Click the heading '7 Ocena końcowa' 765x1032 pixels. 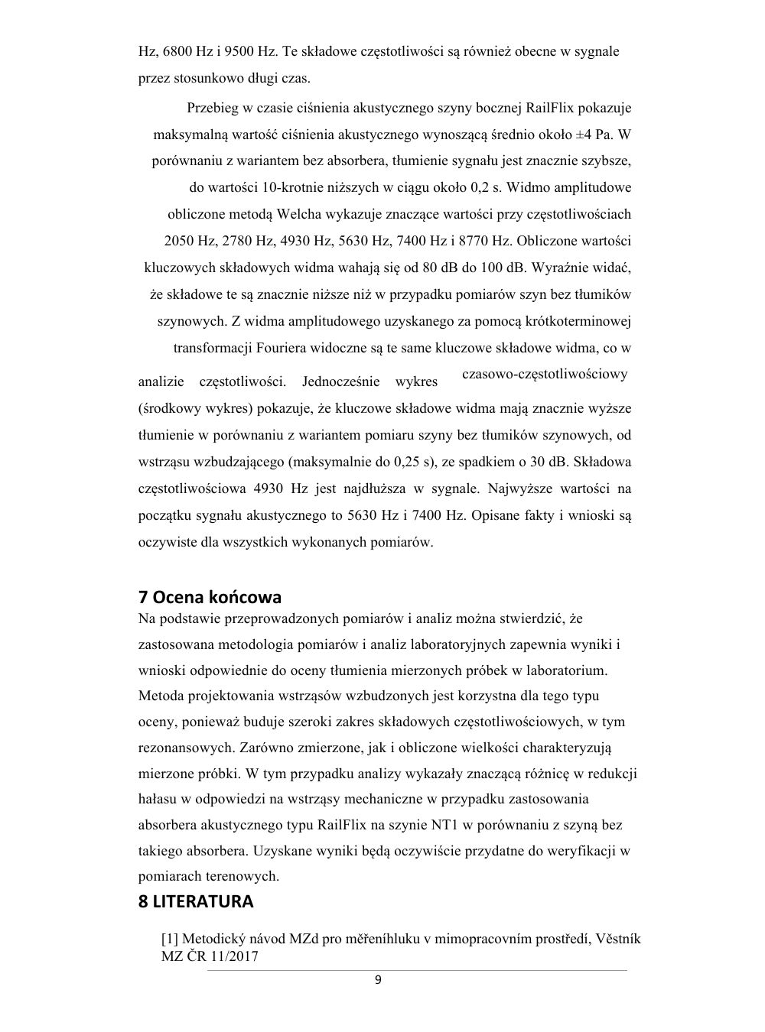click(x=210, y=596)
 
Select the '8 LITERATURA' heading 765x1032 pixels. click(x=196, y=901)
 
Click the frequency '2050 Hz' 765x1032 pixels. click(x=190, y=241)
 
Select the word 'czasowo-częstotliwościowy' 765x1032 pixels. click(x=545, y=374)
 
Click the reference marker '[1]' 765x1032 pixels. click(x=169, y=939)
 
